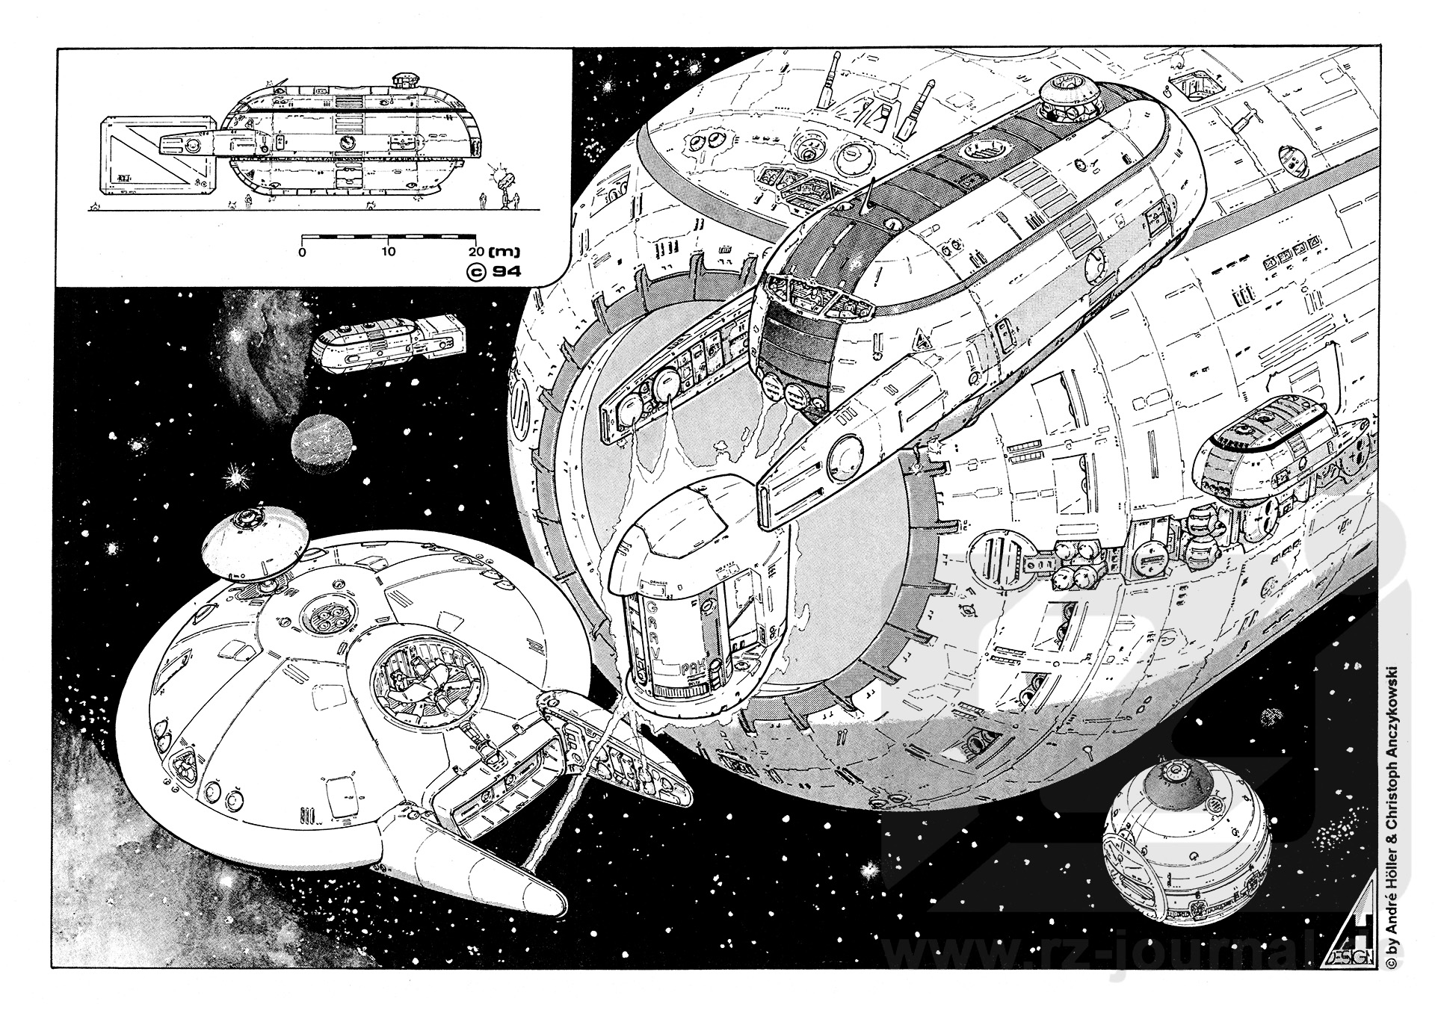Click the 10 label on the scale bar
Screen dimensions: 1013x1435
pos(387,252)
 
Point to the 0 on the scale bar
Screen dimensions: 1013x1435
pos(302,252)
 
